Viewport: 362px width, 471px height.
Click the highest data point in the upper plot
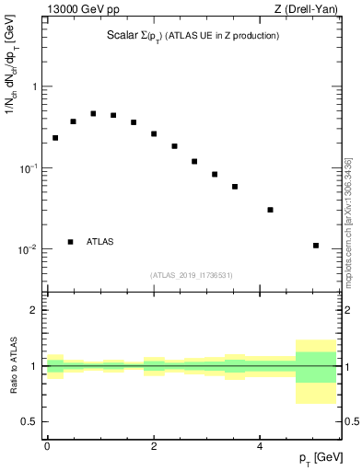(93, 113)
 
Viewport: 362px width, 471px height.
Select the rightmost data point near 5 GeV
(316, 246)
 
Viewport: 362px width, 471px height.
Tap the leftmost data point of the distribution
(55, 138)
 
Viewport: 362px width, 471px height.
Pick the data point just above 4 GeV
(270, 210)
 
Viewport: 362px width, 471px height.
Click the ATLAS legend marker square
(71, 242)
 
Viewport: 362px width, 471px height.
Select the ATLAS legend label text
(100, 242)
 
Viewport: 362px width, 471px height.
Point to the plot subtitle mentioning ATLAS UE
(193, 36)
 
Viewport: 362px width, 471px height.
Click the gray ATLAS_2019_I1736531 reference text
(192, 275)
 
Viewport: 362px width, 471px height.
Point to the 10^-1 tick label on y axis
(30, 168)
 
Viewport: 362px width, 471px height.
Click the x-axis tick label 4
(261, 444)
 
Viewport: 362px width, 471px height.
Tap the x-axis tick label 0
(47, 444)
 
